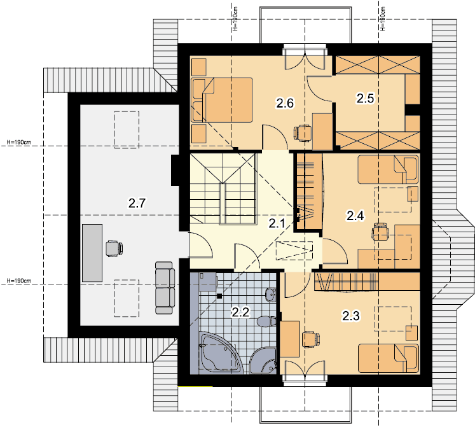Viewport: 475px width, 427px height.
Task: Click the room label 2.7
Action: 137,203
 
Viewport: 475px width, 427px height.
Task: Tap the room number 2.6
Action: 285,103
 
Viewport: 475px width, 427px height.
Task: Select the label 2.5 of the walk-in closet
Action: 365,98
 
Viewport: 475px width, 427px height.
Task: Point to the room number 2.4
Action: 355,216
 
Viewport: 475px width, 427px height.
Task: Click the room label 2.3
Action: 351,316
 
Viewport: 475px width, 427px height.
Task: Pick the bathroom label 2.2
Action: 240,312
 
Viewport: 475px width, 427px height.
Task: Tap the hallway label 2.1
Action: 277,224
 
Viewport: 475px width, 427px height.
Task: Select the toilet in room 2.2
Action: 267,321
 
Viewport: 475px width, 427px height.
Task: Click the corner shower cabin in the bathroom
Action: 263,360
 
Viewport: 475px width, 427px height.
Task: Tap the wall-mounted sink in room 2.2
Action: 271,294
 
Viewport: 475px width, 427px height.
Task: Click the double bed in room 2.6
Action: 222,100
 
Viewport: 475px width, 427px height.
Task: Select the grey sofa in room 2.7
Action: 165,288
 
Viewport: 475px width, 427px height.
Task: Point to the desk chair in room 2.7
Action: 114,249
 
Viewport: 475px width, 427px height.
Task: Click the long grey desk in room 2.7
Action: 92,253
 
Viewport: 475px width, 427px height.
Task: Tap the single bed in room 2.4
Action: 388,169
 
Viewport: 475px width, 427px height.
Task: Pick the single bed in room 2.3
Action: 389,358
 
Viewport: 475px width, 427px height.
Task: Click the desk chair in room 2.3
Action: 311,339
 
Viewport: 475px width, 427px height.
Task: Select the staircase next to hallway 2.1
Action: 223,188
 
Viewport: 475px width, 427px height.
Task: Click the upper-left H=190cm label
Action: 19,142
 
